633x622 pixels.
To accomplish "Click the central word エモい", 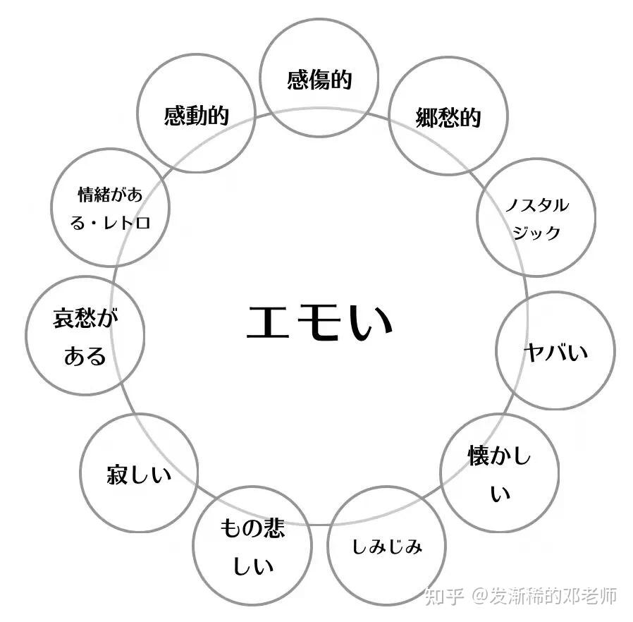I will pyautogui.click(x=319, y=322).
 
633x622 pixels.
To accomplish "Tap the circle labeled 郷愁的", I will pyautogui.click(x=448, y=116).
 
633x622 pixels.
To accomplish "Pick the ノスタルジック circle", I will pyautogui.click(x=536, y=217).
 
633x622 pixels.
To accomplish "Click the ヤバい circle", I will pyautogui.click(x=555, y=350).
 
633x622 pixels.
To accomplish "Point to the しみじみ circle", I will pyautogui.click(x=387, y=545).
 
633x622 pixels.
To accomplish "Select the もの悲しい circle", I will pyautogui.click(x=252, y=545).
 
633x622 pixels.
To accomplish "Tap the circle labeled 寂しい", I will pyautogui.click(x=139, y=473).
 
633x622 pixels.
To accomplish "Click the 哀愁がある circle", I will pyautogui.click(x=85, y=336).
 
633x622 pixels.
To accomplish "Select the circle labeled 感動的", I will pyautogui.click(x=196, y=114).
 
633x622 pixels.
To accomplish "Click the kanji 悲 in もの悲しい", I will pyautogui.click(x=272, y=528).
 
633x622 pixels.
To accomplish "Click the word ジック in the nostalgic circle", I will pyautogui.click(x=536, y=232).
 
